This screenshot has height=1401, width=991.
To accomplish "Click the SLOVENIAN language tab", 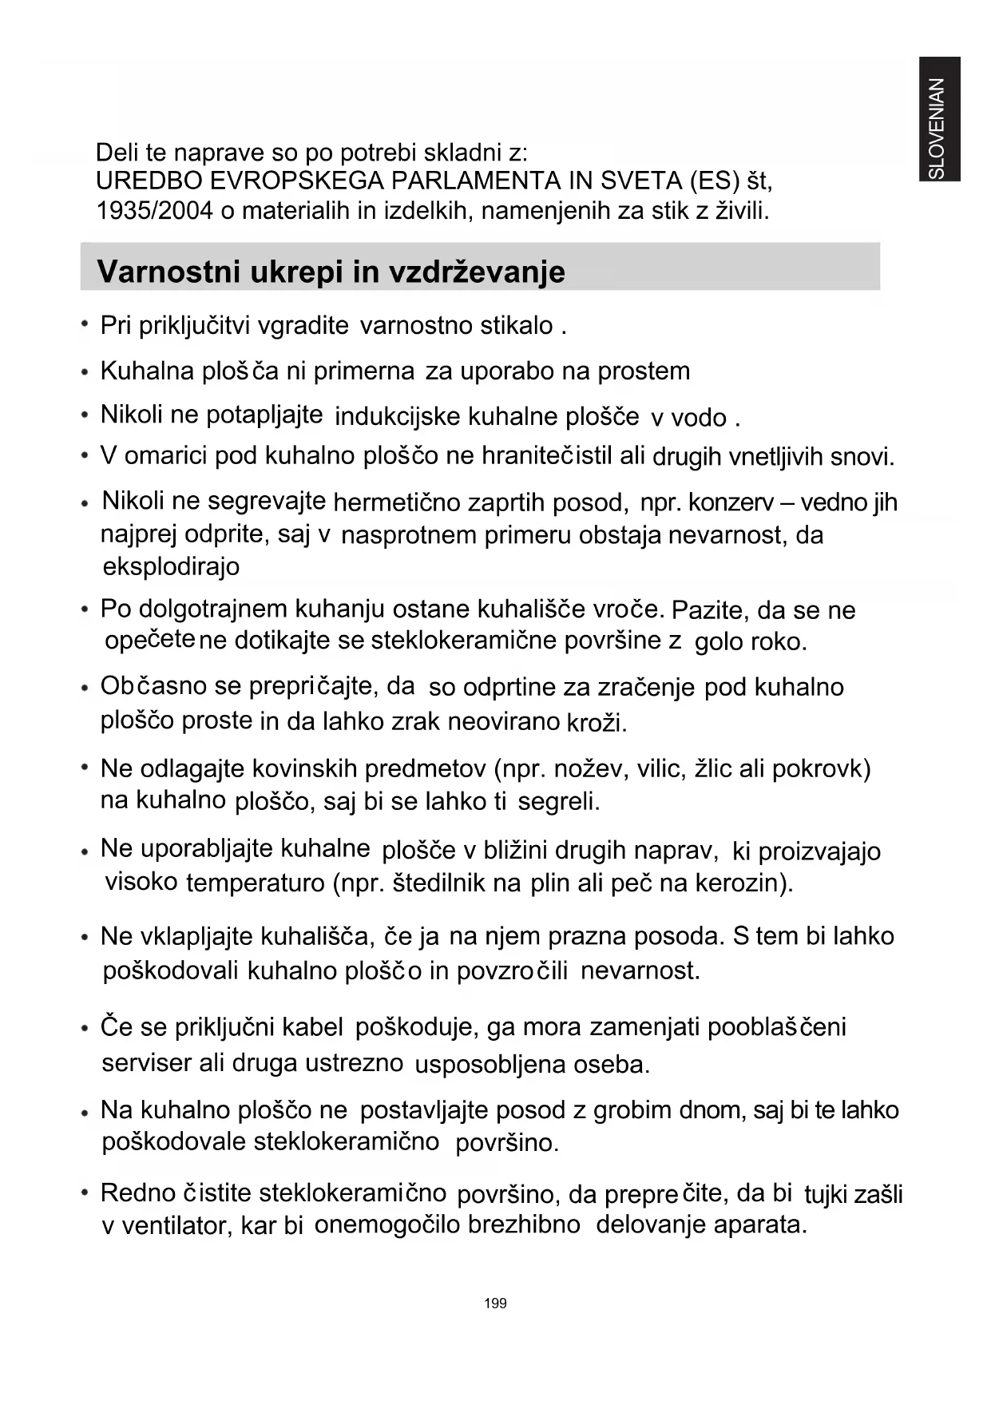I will point(938,120).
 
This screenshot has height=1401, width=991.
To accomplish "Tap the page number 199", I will point(495,1303).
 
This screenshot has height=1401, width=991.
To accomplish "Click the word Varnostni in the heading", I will point(168,272).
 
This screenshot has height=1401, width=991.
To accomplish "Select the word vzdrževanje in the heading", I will point(477,272).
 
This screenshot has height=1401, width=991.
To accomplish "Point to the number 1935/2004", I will point(153,211).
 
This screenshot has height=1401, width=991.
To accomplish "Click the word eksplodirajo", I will point(171,566).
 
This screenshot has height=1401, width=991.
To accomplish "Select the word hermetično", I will point(397,502).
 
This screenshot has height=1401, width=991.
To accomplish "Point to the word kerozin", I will point(743,883).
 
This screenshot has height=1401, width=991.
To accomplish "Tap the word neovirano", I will point(503,721).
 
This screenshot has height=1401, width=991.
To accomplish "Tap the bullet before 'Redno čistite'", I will point(84,1192).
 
